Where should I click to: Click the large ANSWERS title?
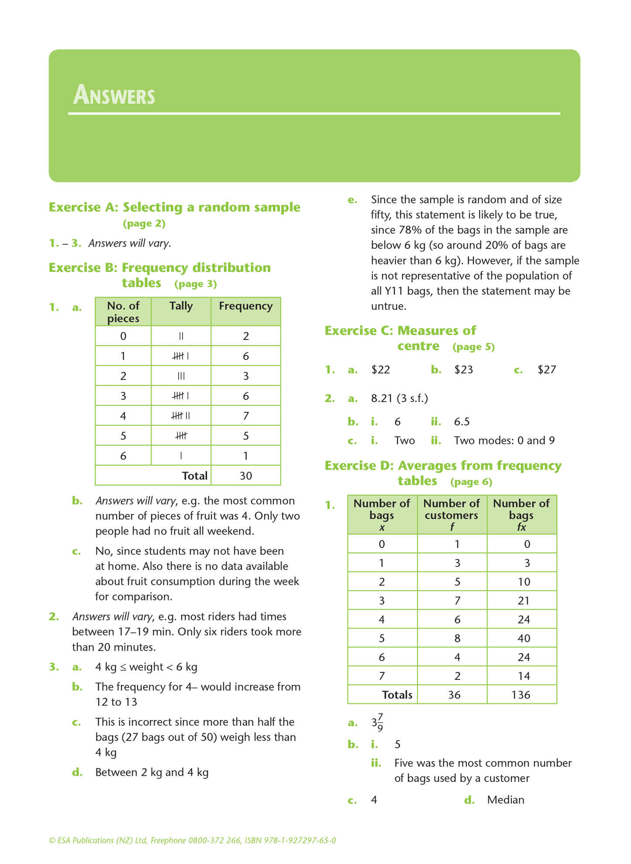tap(114, 95)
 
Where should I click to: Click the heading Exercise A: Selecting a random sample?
tap(174, 207)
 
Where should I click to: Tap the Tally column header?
tap(181, 306)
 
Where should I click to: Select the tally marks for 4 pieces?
tap(181, 416)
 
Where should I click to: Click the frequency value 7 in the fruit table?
tap(246, 416)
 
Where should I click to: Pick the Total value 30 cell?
tap(246, 476)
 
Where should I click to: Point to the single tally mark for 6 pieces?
tap(181, 456)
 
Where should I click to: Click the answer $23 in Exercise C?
tap(463, 370)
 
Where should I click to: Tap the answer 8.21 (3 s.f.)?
tap(399, 398)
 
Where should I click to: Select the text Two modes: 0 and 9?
tap(504, 440)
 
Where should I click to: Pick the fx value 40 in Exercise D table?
tap(524, 638)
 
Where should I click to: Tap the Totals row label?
tap(397, 695)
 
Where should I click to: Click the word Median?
tap(506, 800)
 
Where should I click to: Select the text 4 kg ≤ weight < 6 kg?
tap(146, 667)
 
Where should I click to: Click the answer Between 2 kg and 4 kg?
tap(152, 772)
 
